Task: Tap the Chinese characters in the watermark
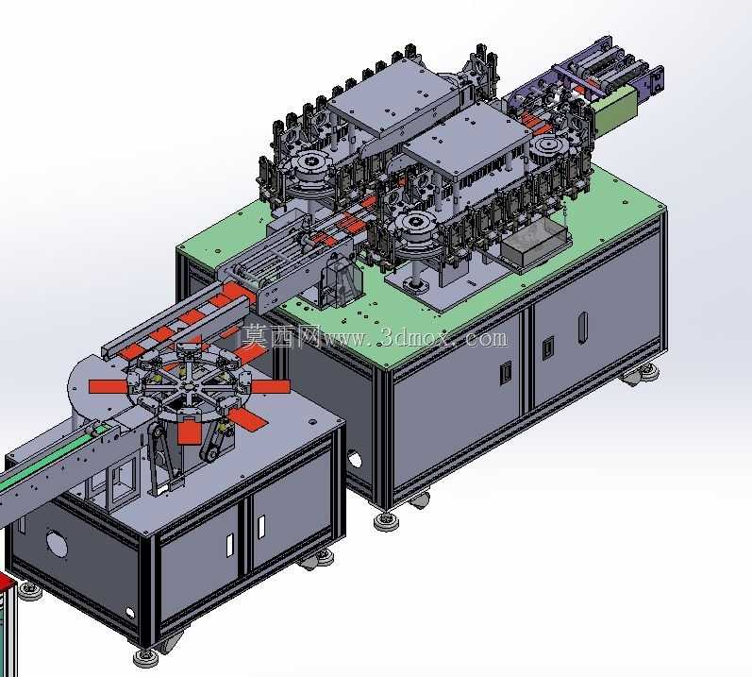pos(281,336)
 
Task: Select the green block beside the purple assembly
pos(616,111)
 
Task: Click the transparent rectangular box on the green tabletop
pos(535,243)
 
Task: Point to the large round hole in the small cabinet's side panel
pos(57,542)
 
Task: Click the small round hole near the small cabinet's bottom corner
pos(130,613)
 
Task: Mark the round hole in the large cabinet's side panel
pos(355,460)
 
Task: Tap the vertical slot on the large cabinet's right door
pos(583,328)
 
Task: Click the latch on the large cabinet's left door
pos(505,373)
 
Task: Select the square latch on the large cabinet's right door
pos(547,348)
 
